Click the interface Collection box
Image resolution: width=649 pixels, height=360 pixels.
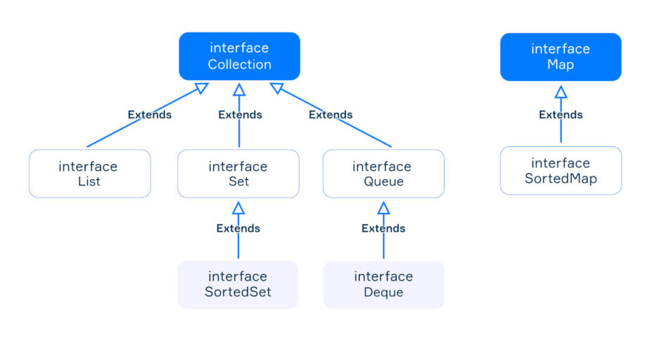(239, 56)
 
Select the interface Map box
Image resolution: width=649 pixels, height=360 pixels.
(560, 57)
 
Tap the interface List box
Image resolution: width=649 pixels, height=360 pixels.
(90, 174)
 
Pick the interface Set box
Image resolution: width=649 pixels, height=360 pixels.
(238, 174)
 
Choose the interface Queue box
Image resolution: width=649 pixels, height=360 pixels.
(384, 174)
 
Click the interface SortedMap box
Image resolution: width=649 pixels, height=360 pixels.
(561, 170)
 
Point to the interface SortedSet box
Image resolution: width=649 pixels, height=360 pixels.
(238, 285)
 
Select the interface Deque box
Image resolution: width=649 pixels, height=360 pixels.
(384, 285)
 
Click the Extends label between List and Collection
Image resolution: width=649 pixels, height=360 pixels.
(150, 115)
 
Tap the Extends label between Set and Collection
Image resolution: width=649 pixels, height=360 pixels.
(240, 115)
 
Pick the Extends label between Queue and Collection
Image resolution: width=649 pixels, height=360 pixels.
(330, 115)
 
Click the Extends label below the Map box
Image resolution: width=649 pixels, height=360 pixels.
(561, 115)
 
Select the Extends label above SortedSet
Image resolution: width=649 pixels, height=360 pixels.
(238, 229)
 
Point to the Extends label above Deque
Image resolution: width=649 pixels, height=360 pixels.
(383, 229)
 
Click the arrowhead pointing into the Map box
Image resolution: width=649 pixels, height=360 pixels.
(561, 92)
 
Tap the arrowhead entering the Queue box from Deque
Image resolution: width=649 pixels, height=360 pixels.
(384, 208)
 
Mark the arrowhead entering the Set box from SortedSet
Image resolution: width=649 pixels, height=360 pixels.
(238, 208)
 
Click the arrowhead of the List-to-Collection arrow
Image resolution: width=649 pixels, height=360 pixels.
(202, 88)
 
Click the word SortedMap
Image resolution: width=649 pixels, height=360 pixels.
(561, 179)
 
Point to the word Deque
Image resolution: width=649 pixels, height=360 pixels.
(384, 292)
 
